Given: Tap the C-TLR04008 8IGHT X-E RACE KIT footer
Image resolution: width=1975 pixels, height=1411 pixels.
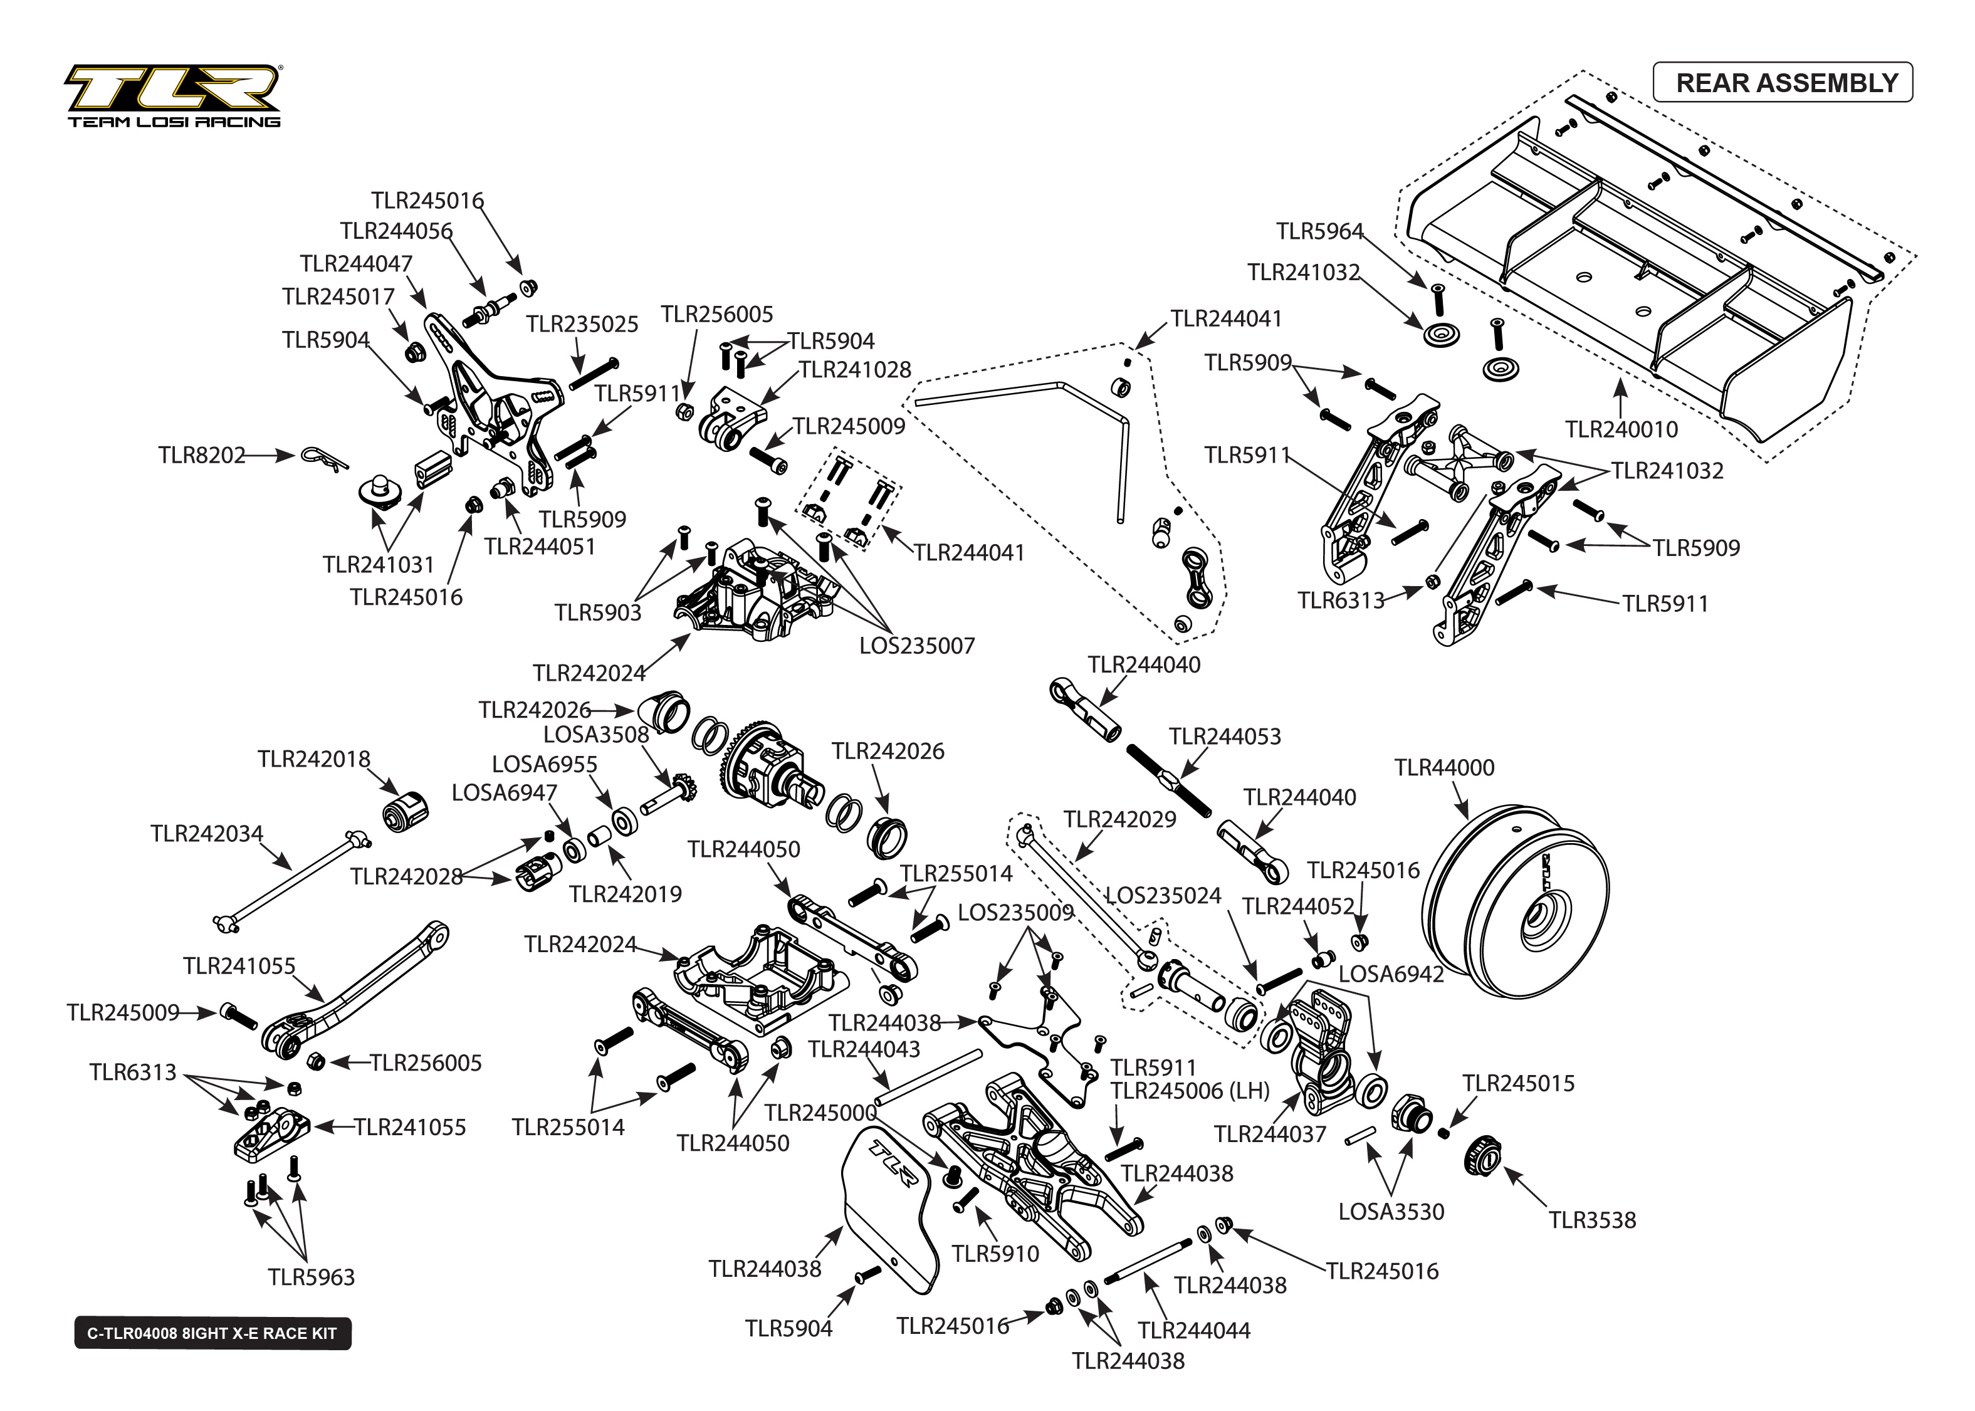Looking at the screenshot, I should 212,1333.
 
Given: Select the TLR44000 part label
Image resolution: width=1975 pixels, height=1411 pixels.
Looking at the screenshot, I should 1444,768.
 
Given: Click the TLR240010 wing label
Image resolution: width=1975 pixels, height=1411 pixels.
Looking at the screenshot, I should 1621,429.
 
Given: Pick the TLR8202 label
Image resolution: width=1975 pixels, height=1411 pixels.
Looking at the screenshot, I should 201,455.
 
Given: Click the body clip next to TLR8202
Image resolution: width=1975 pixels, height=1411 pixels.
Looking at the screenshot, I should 323,458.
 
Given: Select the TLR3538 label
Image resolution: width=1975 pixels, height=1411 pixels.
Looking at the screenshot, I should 1592,1220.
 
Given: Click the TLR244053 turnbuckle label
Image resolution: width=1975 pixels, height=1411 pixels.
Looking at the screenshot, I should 1225,737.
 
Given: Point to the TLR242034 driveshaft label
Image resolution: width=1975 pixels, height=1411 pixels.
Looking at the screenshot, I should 207,834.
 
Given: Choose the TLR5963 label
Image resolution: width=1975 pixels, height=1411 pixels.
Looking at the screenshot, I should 311,1277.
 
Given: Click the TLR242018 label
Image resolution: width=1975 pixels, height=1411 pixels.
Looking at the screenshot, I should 313,759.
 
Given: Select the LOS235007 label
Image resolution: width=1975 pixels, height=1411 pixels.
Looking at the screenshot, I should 917,646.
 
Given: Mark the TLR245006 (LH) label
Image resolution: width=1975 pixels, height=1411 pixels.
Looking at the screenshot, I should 1190,1091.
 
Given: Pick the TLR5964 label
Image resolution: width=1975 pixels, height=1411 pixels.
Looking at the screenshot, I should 1319,231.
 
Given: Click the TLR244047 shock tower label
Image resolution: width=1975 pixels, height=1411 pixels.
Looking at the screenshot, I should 356,263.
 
